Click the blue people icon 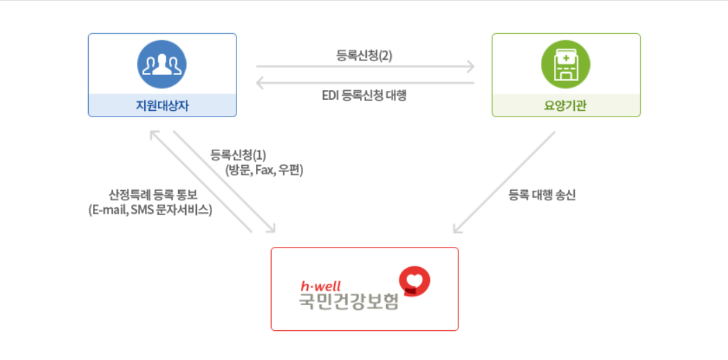(162, 64)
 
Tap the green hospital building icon (565, 64)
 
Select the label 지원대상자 (162, 105)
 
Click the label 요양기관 (566, 105)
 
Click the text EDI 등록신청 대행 (364, 96)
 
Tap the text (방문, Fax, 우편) (264, 170)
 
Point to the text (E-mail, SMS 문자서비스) (150, 209)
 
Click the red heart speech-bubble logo (415, 280)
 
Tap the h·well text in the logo (320, 285)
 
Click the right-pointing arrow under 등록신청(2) (365, 67)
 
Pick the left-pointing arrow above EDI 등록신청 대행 (365, 83)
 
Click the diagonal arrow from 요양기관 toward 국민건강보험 (504, 182)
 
